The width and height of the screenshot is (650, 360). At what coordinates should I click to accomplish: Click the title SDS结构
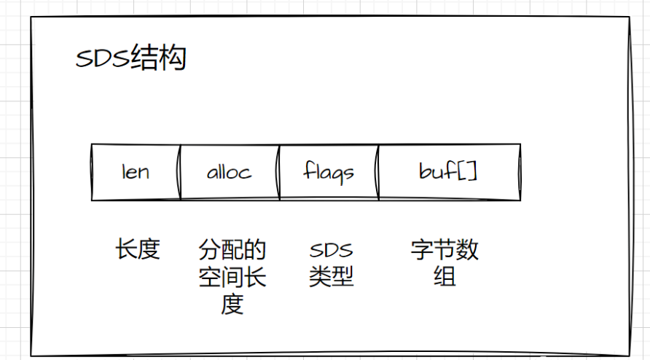[x=130, y=58]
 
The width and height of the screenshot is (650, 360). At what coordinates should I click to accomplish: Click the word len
[x=136, y=172]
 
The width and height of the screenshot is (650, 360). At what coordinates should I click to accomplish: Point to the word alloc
[x=230, y=172]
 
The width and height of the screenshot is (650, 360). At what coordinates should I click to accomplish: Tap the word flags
[x=329, y=173]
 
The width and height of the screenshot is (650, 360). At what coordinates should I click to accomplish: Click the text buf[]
[x=449, y=172]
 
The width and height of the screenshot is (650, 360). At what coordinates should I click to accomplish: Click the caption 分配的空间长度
[x=232, y=277]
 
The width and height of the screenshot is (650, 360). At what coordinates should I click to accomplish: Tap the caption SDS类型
[x=331, y=264]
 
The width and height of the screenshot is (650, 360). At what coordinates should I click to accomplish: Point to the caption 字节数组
[x=445, y=264]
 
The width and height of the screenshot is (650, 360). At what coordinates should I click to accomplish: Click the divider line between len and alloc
[x=180, y=172]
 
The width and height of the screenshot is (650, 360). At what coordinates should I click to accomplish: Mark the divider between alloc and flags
[x=279, y=172]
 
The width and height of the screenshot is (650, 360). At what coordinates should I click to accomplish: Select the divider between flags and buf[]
[x=378, y=172]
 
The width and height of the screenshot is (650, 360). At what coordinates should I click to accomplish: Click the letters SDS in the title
[x=103, y=59]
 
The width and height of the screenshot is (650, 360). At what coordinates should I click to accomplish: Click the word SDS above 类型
[x=331, y=251]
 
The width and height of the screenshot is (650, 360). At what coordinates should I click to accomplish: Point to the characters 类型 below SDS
[x=331, y=277]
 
